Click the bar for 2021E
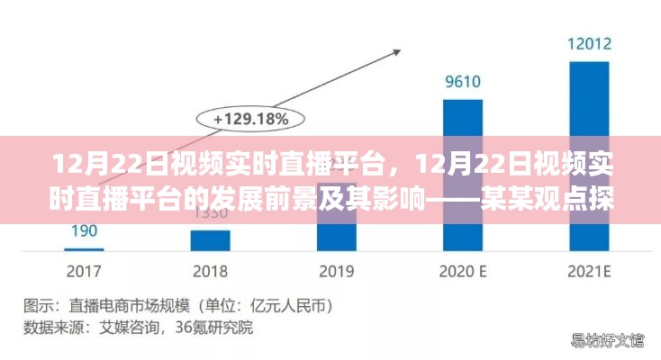tap(589, 153)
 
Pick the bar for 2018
tap(210, 240)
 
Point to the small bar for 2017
tap(85, 249)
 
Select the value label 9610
tap(463, 82)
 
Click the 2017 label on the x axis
tap(85, 270)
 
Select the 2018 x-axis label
tap(210, 270)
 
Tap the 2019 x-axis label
tap(336, 270)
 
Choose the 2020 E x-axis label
tap(463, 270)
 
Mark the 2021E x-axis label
tap(589, 270)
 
